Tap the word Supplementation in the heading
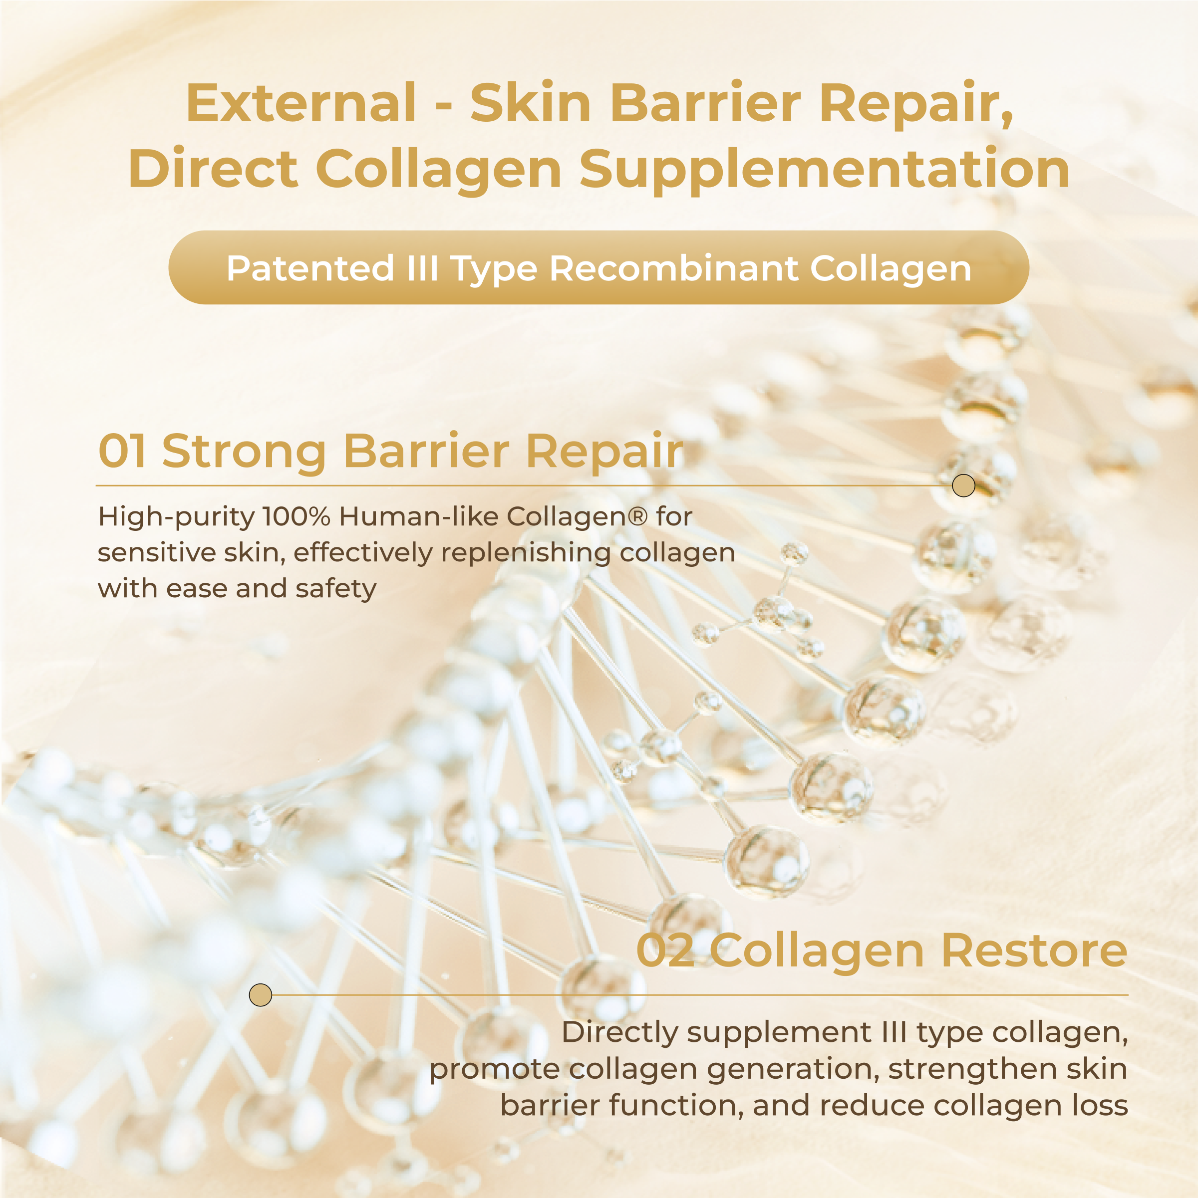coord(825,169)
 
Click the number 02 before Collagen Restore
coord(666,950)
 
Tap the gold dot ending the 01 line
coord(963,485)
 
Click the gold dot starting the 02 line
coord(261,995)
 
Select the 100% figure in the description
coord(297,516)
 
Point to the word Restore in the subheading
coord(1034,950)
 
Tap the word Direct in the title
coord(213,169)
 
